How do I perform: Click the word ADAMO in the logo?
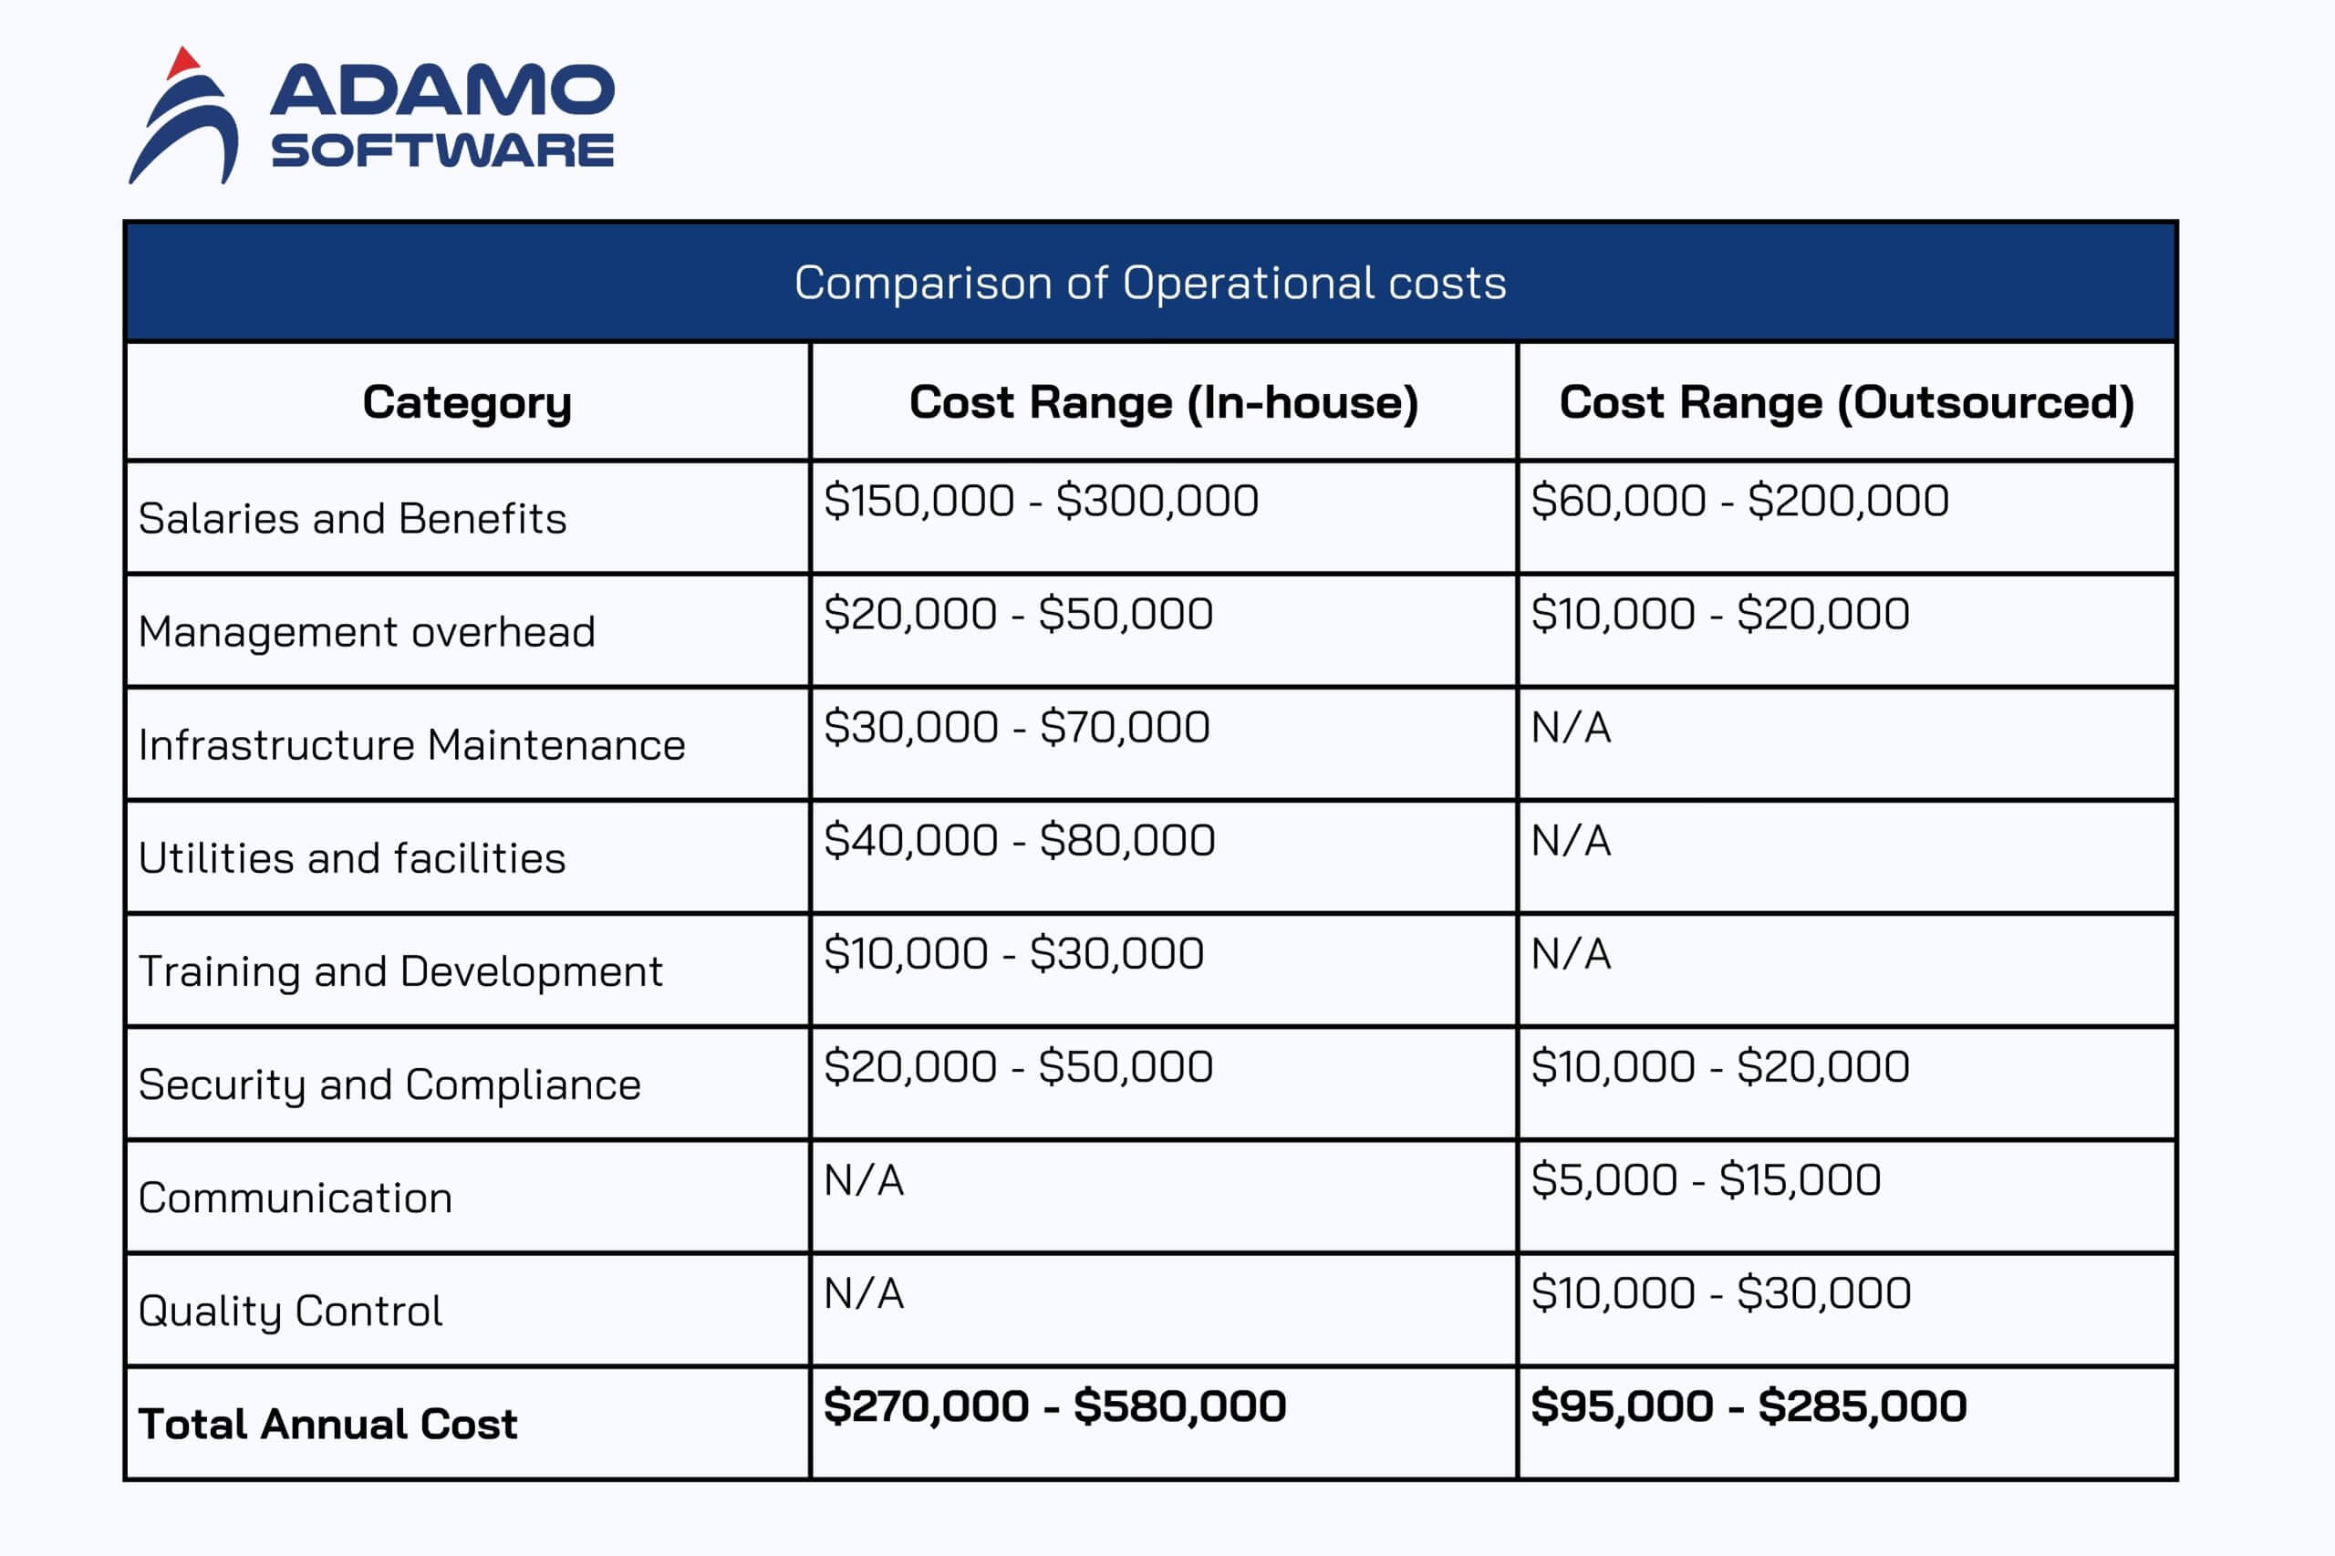pos(441,90)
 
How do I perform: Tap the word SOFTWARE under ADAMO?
pos(441,150)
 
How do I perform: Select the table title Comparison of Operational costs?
pos(1150,283)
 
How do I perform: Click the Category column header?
pos(466,402)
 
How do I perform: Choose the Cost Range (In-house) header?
pos(1163,402)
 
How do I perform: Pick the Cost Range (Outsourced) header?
pos(1846,402)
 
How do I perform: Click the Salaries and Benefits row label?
pos(352,518)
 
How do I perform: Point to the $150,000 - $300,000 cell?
pos(1041,500)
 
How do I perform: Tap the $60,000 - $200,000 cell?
pos(1739,500)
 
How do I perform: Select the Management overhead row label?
pos(366,631)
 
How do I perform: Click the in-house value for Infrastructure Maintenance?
pos(1016,726)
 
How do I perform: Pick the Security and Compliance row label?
pos(389,1084)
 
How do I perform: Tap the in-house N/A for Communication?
pos(864,1180)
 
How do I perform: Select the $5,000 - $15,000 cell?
pos(1705,1180)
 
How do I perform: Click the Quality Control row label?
pos(290,1311)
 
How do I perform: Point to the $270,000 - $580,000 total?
pos(1053,1406)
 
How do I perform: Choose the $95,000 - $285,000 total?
pos(1748,1406)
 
